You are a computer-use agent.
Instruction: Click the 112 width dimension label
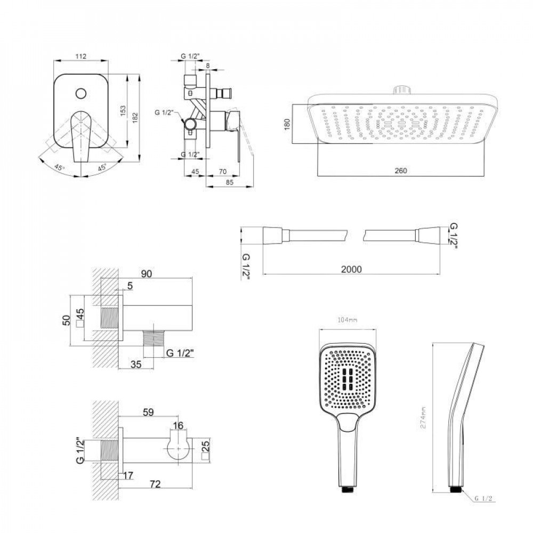[81, 55]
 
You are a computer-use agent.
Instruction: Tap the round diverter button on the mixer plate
[81, 94]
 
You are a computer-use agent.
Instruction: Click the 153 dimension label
[123, 110]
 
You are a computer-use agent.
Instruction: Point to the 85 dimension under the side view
[230, 182]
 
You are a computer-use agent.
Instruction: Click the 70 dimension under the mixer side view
[222, 172]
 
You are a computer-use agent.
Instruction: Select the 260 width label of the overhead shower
[401, 171]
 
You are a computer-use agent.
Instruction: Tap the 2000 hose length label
[351, 269]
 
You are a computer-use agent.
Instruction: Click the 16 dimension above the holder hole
[179, 425]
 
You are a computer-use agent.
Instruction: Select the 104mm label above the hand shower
[346, 320]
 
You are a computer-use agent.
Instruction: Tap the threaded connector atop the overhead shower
[403, 90]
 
